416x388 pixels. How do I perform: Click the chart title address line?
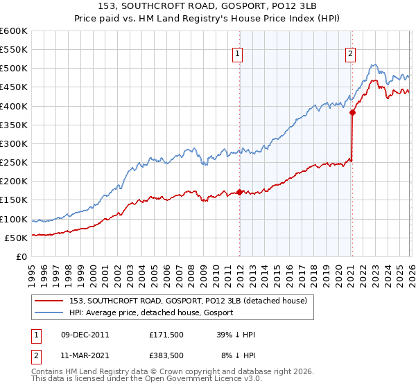[x=208, y=6]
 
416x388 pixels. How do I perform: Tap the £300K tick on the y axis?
[x=13, y=143]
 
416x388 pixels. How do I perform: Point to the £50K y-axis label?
[x=15, y=238]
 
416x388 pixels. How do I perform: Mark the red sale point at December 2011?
[x=239, y=192]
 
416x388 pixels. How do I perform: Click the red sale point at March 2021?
[x=352, y=112]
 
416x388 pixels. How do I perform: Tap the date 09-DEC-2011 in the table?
[x=84, y=335]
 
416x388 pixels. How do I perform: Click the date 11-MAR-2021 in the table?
[x=84, y=355]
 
